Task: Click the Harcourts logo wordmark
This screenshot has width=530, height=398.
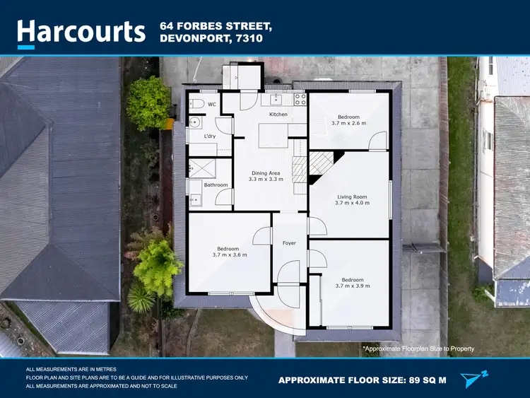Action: click(x=82, y=32)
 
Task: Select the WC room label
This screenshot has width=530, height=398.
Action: click(x=211, y=105)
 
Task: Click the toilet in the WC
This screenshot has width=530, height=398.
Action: click(x=198, y=104)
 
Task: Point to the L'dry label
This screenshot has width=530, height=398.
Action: click(x=210, y=136)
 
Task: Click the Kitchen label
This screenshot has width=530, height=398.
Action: click(x=278, y=114)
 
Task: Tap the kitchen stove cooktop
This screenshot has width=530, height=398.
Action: click(x=300, y=100)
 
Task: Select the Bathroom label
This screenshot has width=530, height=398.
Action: click(x=216, y=185)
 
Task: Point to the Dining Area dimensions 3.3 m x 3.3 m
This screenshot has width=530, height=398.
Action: click(x=266, y=180)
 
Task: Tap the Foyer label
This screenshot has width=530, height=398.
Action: click(x=289, y=243)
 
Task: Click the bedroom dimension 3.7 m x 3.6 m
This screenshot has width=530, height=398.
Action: click(x=228, y=255)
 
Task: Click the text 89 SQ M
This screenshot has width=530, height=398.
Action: click(x=423, y=380)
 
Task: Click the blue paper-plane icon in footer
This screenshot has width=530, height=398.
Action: click(x=474, y=379)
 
